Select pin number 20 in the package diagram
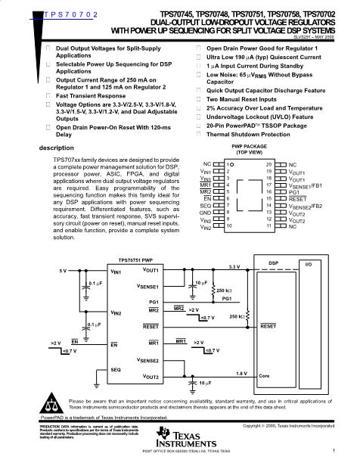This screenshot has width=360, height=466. pos(268,163)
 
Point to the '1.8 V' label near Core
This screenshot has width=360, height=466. pos(241,373)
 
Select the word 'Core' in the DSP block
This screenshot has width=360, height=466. pos(264,375)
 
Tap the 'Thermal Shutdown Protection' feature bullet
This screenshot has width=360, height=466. pos(249,134)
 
